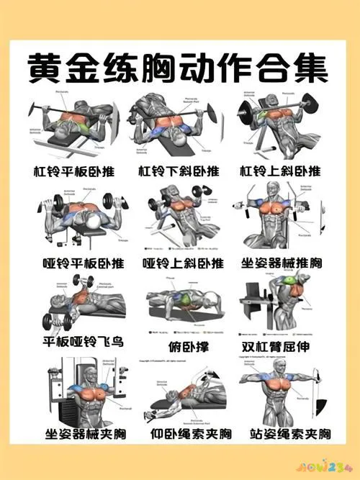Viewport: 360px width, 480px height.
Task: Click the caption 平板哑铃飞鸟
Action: (81, 340)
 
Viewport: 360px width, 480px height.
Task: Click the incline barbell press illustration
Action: (281, 126)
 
